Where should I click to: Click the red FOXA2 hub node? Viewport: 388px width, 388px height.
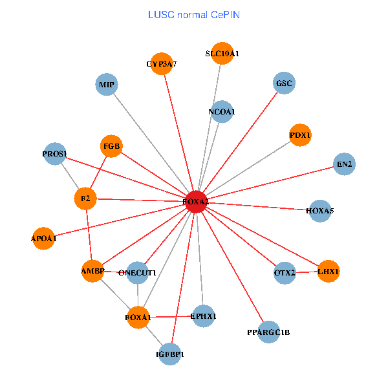(x=196, y=202)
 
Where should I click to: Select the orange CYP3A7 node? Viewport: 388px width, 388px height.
(x=161, y=63)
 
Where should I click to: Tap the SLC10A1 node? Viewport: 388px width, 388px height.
(x=222, y=53)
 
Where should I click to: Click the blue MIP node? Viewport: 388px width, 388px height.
(x=105, y=85)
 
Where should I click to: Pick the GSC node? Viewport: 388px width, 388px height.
(x=284, y=83)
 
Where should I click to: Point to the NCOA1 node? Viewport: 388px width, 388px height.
(x=222, y=112)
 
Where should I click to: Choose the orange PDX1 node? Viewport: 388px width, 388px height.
(x=300, y=135)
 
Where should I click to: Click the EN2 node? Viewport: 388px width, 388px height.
(x=344, y=164)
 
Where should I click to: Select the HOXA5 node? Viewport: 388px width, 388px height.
(x=320, y=210)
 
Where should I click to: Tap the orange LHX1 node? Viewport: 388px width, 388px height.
(x=328, y=271)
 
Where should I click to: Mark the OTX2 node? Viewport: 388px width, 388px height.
(x=285, y=272)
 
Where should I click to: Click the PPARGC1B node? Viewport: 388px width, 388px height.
(x=268, y=332)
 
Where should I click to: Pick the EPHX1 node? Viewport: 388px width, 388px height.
(x=203, y=316)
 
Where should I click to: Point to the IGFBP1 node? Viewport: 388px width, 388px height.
(x=170, y=354)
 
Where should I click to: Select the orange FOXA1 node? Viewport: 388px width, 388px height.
(x=138, y=317)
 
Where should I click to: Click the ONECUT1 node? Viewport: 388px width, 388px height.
(x=137, y=273)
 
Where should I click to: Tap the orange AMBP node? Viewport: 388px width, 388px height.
(x=92, y=271)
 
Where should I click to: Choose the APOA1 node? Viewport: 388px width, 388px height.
(x=43, y=238)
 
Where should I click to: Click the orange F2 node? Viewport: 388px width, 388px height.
(x=85, y=198)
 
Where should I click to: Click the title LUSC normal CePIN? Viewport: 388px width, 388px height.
(x=194, y=14)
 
